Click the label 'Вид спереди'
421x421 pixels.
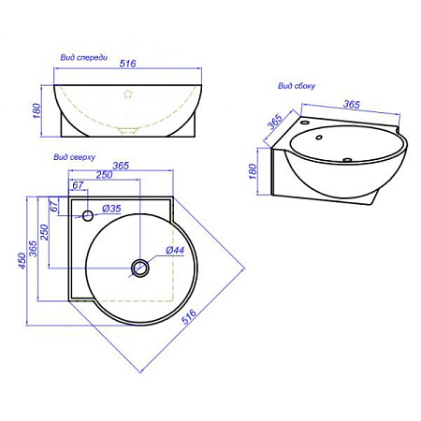point(84,57)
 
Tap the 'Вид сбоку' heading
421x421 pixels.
point(297,86)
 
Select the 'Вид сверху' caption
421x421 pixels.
point(74,157)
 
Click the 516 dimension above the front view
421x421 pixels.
point(128,64)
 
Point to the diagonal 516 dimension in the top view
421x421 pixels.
point(189,316)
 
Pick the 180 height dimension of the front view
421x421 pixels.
point(36,110)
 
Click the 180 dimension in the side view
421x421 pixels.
point(253,171)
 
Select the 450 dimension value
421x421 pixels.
point(22,261)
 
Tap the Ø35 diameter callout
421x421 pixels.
point(111,208)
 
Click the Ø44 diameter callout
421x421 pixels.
point(175,250)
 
